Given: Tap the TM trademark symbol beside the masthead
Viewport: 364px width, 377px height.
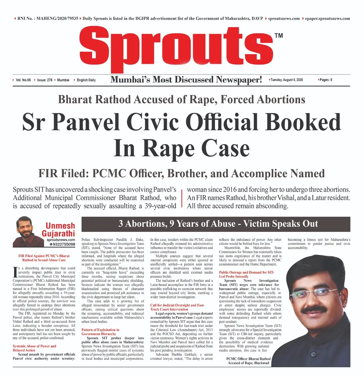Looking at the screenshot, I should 278,36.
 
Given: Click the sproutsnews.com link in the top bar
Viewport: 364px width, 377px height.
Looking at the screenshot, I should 284,19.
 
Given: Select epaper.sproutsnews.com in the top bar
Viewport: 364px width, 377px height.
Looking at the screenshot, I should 327,19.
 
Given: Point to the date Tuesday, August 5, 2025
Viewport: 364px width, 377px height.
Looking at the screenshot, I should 286,80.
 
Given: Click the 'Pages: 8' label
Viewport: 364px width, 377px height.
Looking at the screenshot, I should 326,80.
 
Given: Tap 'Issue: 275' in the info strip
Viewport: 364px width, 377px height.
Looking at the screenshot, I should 45,80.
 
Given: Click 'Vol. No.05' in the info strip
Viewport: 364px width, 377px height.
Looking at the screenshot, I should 23,80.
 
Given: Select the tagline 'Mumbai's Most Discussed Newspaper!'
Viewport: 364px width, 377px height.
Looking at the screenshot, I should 186,80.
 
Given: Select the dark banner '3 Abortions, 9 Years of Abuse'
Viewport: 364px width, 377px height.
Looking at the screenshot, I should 216,224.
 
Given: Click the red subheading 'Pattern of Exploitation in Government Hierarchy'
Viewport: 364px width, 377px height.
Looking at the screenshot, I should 100,332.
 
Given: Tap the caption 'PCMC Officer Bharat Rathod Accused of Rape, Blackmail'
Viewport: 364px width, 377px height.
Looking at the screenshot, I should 248,361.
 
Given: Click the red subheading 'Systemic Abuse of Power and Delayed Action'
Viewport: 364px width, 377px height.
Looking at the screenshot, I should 34,348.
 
